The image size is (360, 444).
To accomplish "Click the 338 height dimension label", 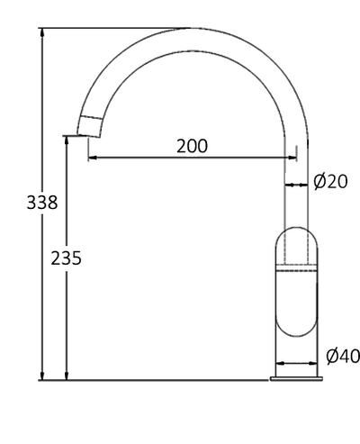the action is [42, 203].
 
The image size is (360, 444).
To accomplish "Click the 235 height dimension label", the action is [66, 258].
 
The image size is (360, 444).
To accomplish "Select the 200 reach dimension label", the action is [192, 146].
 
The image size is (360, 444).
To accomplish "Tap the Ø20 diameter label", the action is [330, 182].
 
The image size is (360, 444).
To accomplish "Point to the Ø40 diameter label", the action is [343, 357].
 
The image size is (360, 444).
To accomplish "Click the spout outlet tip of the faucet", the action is [88, 136].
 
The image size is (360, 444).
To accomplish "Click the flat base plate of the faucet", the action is [296, 379].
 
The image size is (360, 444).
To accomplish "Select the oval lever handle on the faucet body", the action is [296, 282].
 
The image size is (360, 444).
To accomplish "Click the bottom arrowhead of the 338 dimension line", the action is [42, 376].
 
